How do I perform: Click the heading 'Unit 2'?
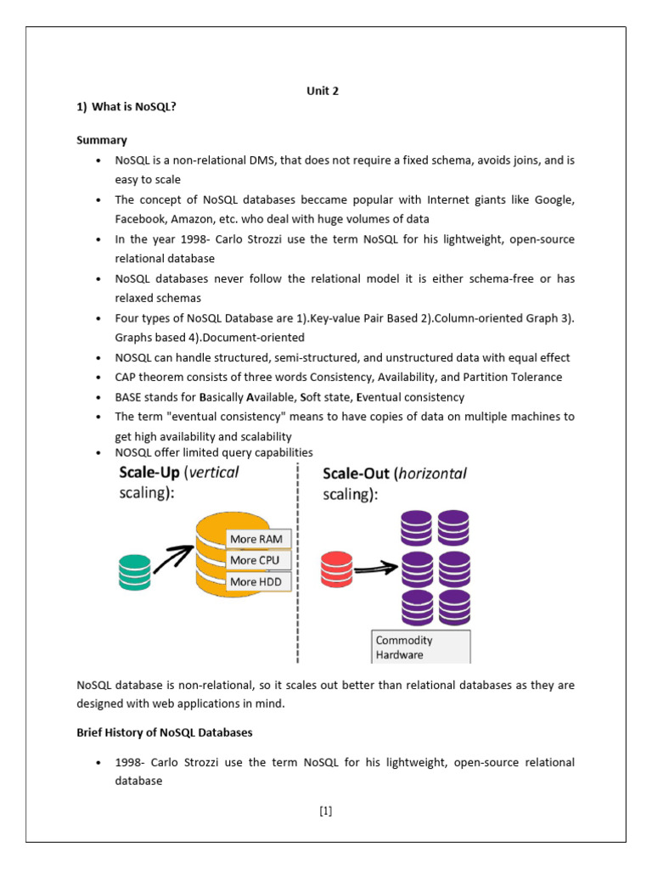[x=322, y=92]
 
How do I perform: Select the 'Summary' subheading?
[x=102, y=140]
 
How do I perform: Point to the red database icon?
[x=336, y=569]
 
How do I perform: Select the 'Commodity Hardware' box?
[x=420, y=647]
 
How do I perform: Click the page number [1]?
[x=326, y=810]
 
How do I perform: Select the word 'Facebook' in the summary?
[x=139, y=218]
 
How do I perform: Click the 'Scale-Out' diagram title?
[x=359, y=473]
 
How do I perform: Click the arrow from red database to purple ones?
[x=376, y=569]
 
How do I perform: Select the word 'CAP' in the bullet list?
[x=126, y=377]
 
